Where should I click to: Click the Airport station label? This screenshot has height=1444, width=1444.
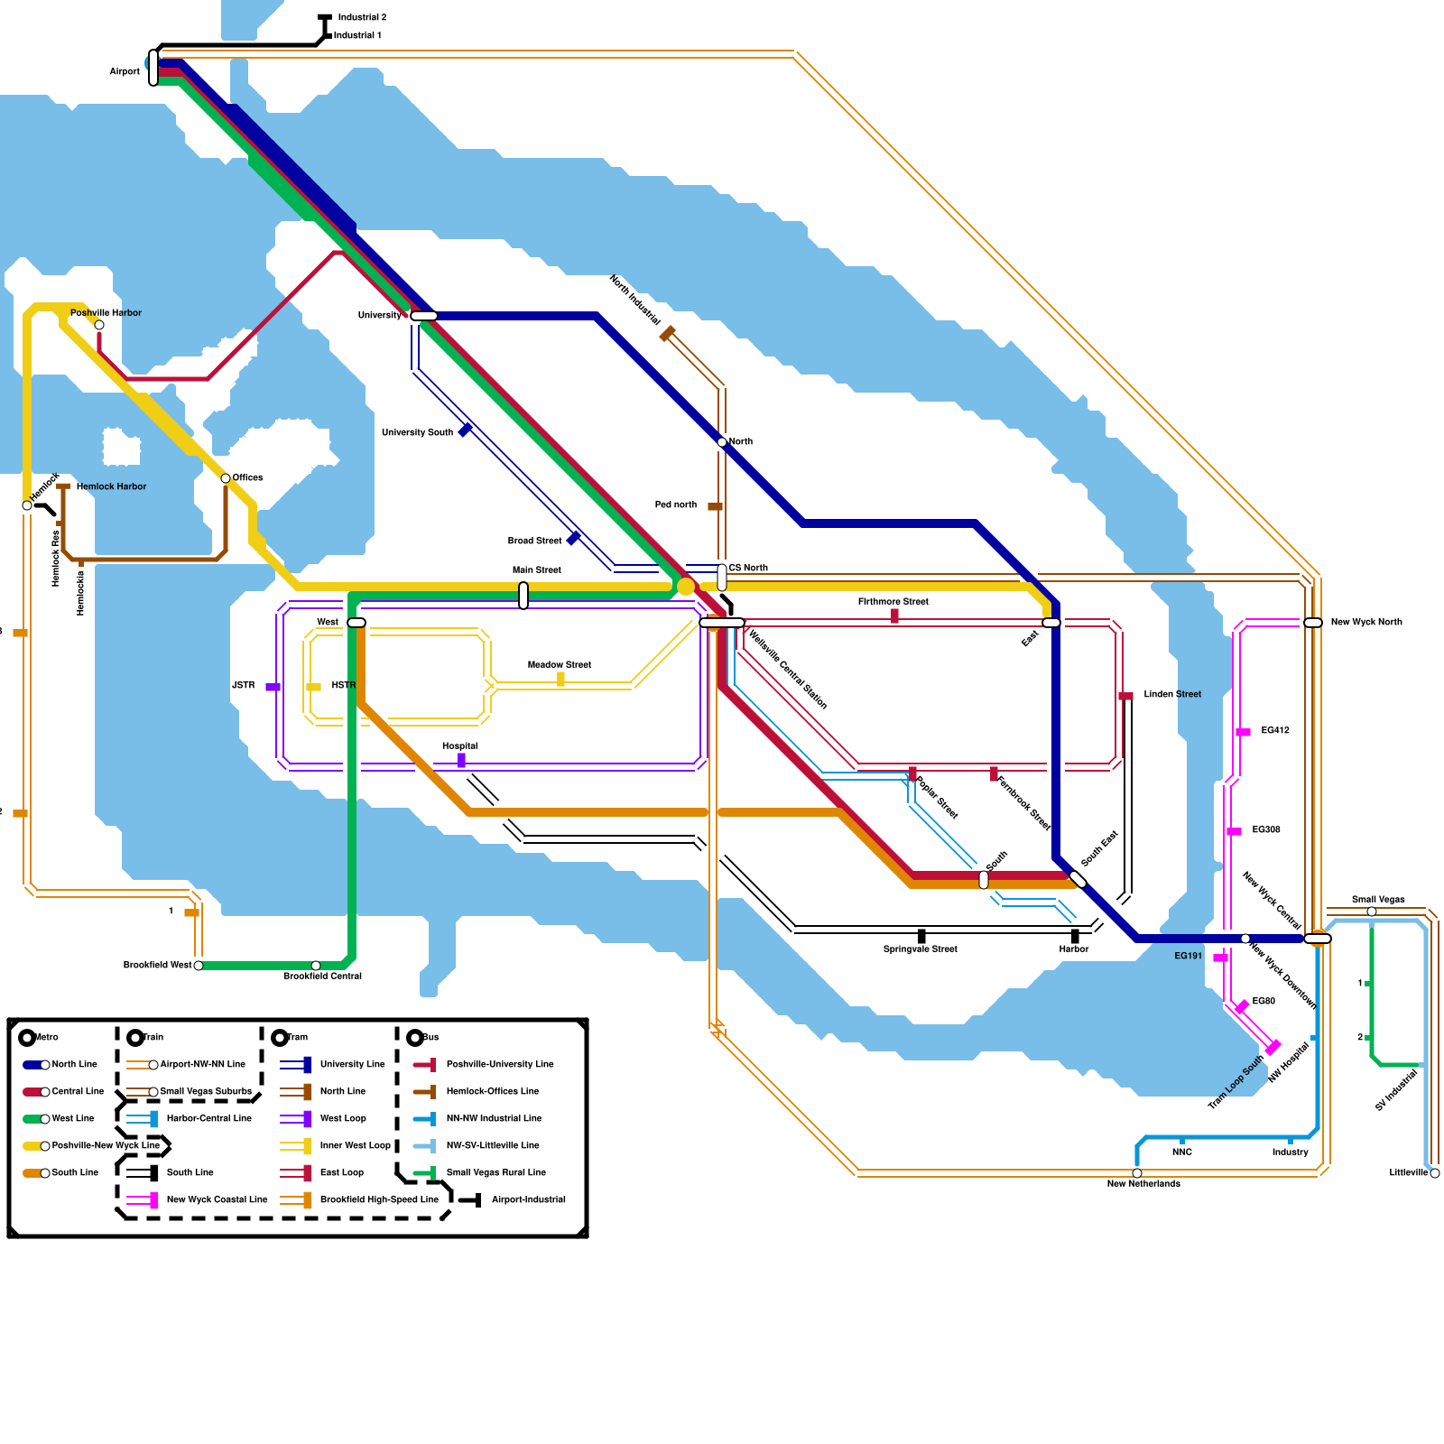click(125, 71)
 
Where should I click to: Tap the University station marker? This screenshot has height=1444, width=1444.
click(423, 316)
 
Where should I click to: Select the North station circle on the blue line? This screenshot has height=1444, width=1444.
click(722, 442)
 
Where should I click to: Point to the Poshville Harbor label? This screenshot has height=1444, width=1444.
click(106, 313)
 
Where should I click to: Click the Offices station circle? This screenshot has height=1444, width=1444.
click(226, 478)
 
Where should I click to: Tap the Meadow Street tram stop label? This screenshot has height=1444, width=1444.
click(560, 665)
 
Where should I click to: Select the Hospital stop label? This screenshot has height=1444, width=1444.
click(460, 746)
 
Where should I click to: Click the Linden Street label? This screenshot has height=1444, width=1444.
click(1172, 695)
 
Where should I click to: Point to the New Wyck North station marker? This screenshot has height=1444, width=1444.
click(1313, 623)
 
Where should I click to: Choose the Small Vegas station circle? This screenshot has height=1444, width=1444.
click(1372, 912)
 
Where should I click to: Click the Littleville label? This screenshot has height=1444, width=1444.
click(1409, 1173)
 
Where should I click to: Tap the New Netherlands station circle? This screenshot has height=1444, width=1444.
click(1137, 1173)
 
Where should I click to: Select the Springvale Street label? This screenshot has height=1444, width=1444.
click(920, 949)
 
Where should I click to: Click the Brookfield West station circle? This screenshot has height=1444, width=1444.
click(199, 966)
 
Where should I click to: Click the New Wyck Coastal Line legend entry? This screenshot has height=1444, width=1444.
click(217, 1199)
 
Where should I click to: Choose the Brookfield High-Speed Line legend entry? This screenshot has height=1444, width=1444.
click(379, 1199)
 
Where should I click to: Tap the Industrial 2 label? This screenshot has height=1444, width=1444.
click(362, 18)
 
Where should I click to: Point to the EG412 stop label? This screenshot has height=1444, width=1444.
click(1275, 731)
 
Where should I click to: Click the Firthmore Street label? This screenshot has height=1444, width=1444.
click(893, 602)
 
